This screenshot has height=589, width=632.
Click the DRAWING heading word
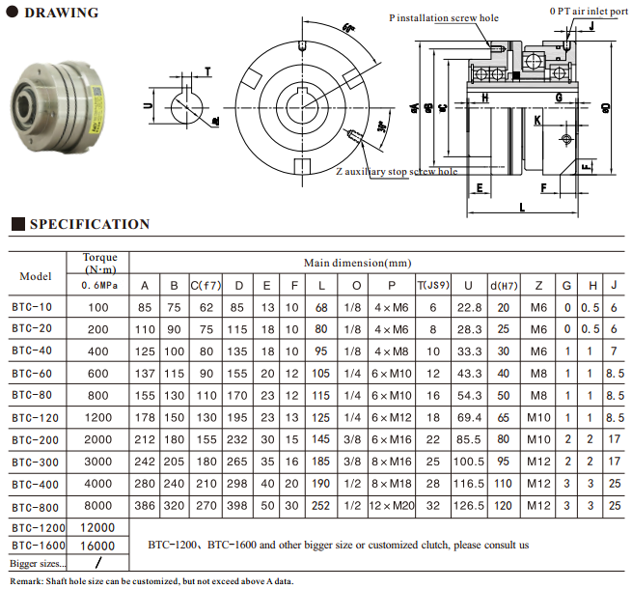pos(60,13)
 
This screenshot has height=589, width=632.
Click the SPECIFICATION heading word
pos(90,224)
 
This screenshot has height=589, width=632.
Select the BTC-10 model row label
pos(32,307)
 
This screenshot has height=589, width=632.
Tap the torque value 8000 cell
pos(99,505)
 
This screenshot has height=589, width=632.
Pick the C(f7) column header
pos(206,285)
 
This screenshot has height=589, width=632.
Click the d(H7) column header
pos(502,285)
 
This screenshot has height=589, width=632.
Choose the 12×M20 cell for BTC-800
pos(392,505)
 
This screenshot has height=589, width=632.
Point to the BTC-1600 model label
pos(39,546)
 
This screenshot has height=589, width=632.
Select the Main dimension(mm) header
pos(357,263)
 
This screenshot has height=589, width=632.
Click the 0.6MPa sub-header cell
pos(99,286)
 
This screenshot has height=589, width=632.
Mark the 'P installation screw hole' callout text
pos(444,17)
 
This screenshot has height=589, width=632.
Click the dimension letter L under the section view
pos(521,207)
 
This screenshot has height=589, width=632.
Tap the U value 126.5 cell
pos(468,505)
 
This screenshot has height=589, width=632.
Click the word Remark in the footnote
pos(26,579)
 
